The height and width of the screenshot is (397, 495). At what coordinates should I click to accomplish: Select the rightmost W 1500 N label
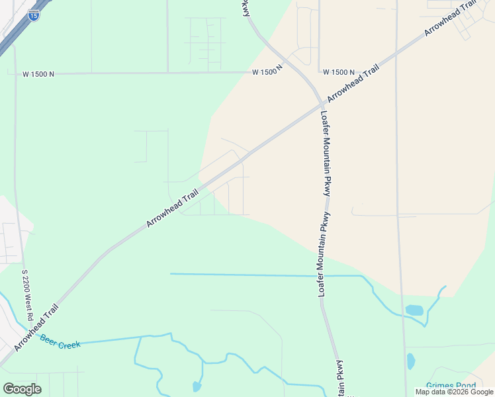(x=339, y=72)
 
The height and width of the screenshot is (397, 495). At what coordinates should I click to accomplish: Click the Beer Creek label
(x=60, y=341)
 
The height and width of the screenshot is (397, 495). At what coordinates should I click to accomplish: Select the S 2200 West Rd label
(x=27, y=295)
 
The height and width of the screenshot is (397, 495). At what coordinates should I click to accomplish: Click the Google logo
(x=22, y=389)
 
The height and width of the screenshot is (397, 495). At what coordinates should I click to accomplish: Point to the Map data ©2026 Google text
(x=454, y=392)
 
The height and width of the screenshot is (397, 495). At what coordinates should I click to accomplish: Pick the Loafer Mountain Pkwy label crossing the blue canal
(x=324, y=254)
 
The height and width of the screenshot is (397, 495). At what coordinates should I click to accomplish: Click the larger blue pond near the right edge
(x=414, y=310)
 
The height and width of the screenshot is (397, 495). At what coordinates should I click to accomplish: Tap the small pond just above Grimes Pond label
(x=411, y=361)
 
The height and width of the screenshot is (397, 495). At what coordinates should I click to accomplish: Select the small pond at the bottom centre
(x=197, y=386)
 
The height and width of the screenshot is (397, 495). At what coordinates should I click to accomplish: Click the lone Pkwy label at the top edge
(x=246, y=8)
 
